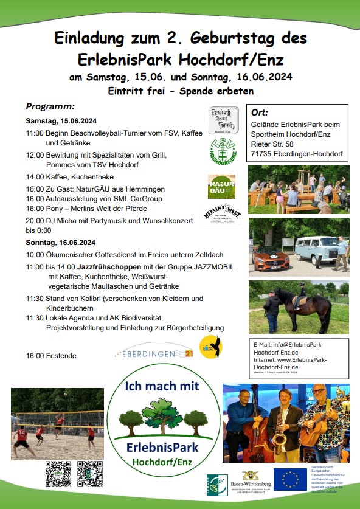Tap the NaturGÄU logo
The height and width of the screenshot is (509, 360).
pos(221,186)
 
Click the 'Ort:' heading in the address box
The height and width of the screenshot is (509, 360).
pos(260,113)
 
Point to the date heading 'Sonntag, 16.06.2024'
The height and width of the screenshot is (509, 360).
pos(61,242)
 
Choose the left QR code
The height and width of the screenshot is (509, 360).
pos(58,474)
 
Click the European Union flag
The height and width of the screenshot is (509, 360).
pos(290,479)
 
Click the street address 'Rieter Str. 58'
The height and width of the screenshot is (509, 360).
pos(272,144)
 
